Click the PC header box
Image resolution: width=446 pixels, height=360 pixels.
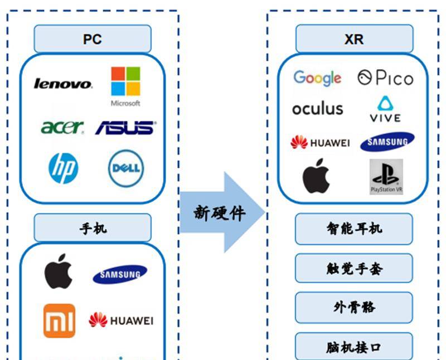pyautogui.click(x=93, y=39)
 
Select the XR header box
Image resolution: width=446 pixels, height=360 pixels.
pyautogui.click(x=354, y=39)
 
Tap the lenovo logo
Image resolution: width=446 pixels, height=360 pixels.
pyautogui.click(x=63, y=84)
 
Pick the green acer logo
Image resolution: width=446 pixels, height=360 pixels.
pyautogui.click(x=62, y=127)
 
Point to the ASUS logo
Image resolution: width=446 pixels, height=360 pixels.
pyautogui.click(x=125, y=127)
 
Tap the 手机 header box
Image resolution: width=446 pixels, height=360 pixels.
pyautogui.click(x=93, y=228)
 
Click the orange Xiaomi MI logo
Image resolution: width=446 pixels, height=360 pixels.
pyautogui.click(x=59, y=320)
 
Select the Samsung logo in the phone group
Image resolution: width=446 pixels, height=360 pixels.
pyautogui.click(x=120, y=274)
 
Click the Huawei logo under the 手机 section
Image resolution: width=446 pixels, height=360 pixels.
pyautogui.click(x=120, y=320)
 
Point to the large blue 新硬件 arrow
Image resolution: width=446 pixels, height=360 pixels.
pyautogui.click(x=221, y=212)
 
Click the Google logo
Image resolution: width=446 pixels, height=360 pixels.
pyautogui.click(x=317, y=78)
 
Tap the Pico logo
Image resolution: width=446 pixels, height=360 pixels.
pyautogui.click(x=386, y=78)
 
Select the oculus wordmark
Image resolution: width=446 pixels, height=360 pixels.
pyautogui.click(x=317, y=108)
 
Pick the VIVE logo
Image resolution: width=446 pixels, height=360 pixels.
pyautogui.click(x=385, y=109)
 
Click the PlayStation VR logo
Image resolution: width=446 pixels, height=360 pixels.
pyautogui.click(x=386, y=177)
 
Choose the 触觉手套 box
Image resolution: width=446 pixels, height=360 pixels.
pyautogui.click(x=354, y=269)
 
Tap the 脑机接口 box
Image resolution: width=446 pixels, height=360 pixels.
pyautogui.click(x=354, y=347)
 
